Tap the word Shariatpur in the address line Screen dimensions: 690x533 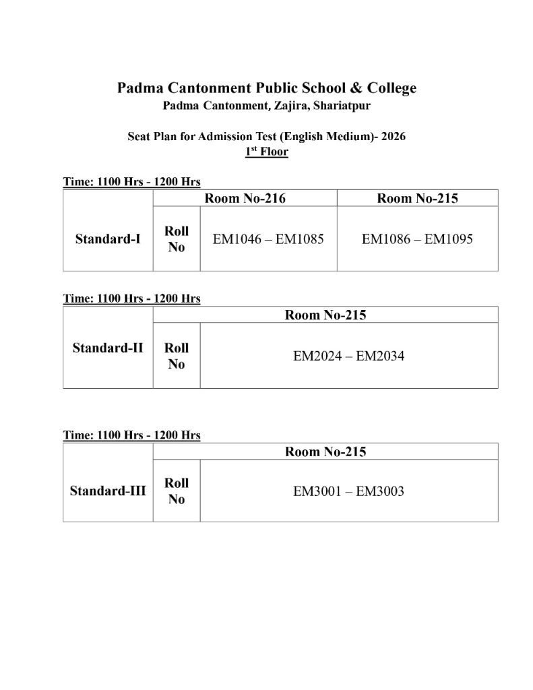(x=339, y=106)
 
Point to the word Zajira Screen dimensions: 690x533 (x=288, y=106)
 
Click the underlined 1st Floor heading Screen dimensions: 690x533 (x=267, y=152)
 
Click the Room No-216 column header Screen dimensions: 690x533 (x=245, y=198)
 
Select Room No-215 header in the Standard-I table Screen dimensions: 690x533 (x=418, y=198)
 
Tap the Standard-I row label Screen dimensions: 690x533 (x=108, y=239)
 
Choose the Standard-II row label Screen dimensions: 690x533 (x=108, y=348)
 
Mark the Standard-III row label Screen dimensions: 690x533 (x=108, y=491)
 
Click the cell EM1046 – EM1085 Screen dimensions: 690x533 (x=269, y=239)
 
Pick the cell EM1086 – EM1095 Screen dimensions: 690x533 (x=418, y=239)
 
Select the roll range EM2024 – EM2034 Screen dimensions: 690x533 (x=349, y=356)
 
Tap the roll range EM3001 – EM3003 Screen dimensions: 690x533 (x=349, y=491)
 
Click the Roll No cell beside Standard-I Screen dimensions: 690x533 (x=177, y=239)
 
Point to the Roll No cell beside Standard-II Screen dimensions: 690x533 (x=177, y=356)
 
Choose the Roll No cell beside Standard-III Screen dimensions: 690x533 (x=177, y=491)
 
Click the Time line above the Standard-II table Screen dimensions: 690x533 (x=131, y=299)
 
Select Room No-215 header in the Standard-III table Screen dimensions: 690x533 (x=325, y=451)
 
